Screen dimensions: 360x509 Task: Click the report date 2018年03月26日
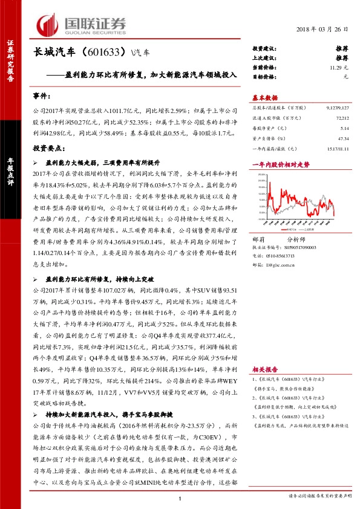tap(322, 30)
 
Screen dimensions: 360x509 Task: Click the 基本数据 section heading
tap(264, 97)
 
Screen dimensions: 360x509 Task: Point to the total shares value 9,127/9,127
tap(336, 107)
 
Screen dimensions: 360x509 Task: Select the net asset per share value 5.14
tap(345, 129)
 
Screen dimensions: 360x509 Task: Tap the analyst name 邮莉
tap(258, 240)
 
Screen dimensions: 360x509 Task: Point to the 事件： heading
tap(43, 96)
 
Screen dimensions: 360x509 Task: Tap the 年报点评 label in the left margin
tap(10, 175)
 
